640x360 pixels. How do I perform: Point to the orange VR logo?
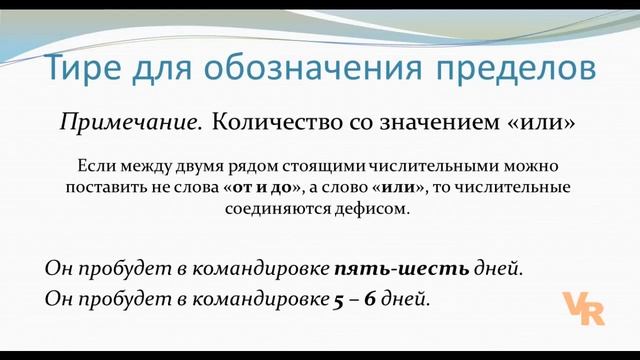click(x=581, y=309)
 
